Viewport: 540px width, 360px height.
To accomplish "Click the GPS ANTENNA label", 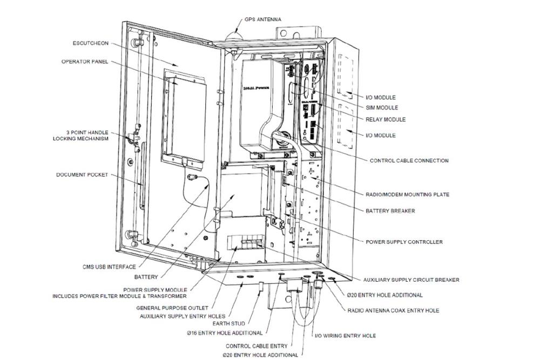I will click(262, 19).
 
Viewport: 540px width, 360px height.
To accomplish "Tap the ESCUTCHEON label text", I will click(91, 43).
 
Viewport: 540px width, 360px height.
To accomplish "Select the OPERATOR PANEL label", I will click(84, 62).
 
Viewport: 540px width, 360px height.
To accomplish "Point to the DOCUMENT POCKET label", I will click(82, 175).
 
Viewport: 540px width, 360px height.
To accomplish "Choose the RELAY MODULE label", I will click(385, 119).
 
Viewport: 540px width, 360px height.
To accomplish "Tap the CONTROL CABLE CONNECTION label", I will click(409, 160).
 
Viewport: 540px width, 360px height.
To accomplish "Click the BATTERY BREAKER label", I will click(390, 211).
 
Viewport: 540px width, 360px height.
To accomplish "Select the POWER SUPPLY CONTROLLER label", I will click(404, 242).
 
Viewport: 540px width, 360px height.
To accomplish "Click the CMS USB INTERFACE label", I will click(109, 267).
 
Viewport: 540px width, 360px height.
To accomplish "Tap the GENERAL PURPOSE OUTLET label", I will click(173, 308).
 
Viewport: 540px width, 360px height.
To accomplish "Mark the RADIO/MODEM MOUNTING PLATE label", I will click(407, 194).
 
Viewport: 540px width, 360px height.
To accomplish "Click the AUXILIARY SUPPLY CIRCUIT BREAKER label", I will click(411, 280).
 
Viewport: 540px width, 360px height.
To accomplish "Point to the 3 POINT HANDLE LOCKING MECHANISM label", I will click(80, 135).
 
